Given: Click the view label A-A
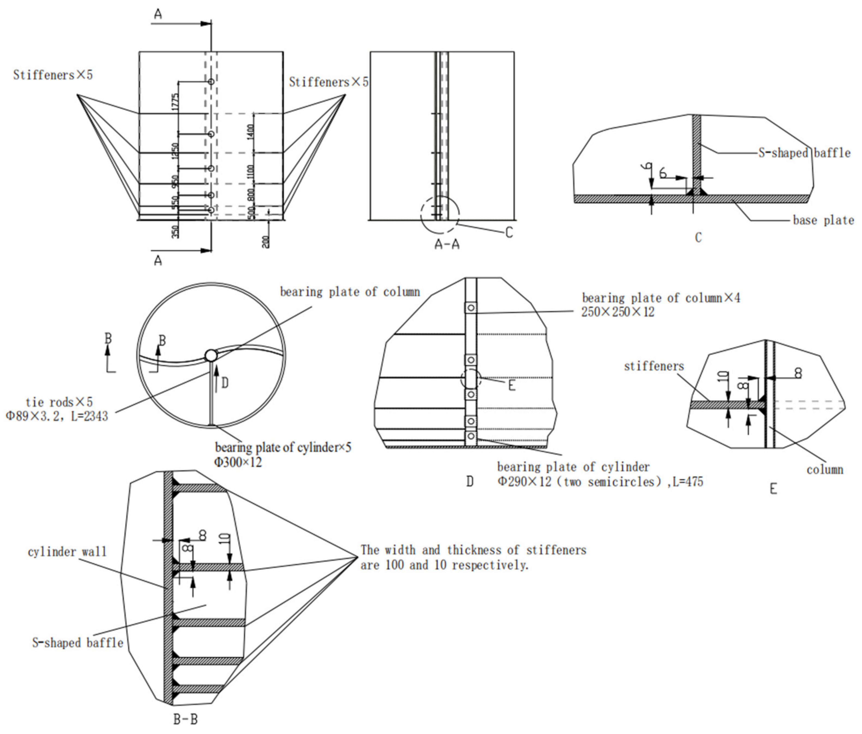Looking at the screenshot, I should pyautogui.click(x=447, y=244).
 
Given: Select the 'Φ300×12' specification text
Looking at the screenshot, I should pyautogui.click(x=238, y=462).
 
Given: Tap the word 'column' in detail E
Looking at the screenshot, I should pyautogui.click(x=825, y=469).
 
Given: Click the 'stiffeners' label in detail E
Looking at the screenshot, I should pyautogui.click(x=654, y=366).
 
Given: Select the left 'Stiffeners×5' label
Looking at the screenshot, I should pyautogui.click(x=53, y=75).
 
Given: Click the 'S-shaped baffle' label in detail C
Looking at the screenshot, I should pyautogui.click(x=804, y=153).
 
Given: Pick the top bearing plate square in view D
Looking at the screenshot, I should pyautogui.click(x=471, y=308).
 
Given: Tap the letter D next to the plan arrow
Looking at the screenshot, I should pyautogui.click(x=225, y=382).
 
